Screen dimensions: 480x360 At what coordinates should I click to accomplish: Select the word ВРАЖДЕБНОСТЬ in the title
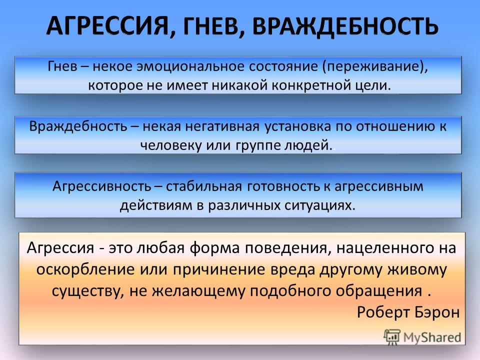coord(345,25)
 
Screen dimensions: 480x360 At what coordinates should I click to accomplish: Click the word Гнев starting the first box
coord(62,66)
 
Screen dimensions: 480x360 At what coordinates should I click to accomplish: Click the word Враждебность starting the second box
coord(78,126)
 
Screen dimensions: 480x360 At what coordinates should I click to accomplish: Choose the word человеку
coord(171,145)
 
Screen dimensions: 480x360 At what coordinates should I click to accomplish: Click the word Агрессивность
coord(102,186)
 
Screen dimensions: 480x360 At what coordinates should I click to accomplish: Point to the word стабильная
coord(204,186)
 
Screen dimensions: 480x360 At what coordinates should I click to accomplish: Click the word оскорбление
coord(85,269)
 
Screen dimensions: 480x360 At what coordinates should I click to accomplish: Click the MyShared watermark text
coord(432,337)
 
